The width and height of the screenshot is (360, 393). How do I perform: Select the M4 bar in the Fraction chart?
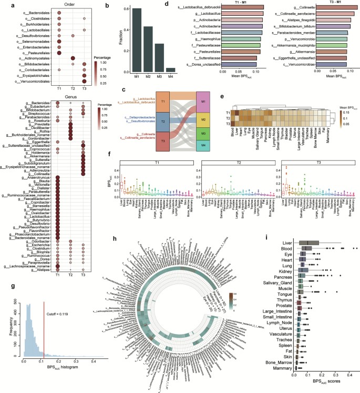point(170,69)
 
